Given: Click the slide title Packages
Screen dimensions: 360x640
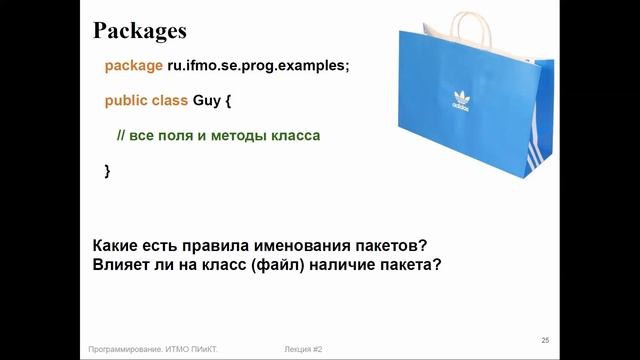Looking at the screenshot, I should tap(140, 31).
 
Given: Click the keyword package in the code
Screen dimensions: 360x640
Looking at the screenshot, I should tap(133, 66).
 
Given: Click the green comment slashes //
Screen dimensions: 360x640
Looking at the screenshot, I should tap(123, 135).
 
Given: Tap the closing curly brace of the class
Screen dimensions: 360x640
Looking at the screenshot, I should tap(108, 170).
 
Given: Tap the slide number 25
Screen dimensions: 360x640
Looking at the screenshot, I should tap(545, 339).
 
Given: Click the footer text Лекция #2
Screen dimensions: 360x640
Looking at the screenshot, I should tap(303, 349).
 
